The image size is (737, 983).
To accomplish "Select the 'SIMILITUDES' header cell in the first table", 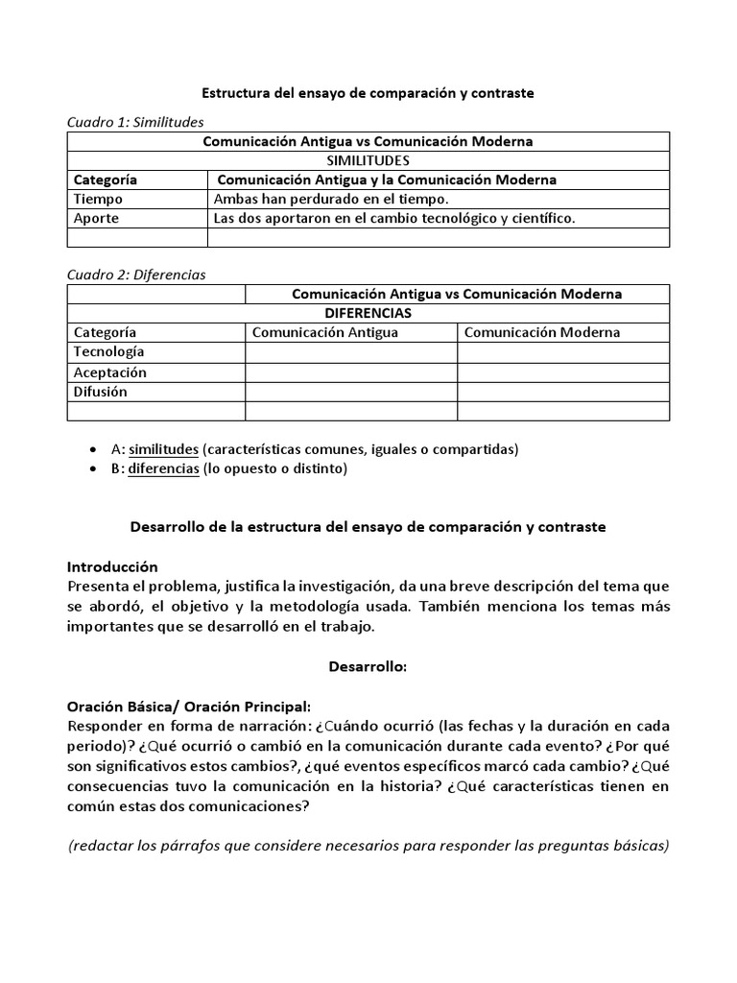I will tap(368, 160).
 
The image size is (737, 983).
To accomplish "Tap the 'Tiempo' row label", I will tap(99, 199).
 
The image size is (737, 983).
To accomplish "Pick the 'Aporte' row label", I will tap(97, 218).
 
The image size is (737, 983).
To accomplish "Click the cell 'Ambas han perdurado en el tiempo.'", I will tap(331, 199).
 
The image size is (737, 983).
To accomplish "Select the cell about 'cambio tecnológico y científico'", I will tap(393, 218).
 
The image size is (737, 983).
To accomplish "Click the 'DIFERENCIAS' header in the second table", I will tap(368, 313).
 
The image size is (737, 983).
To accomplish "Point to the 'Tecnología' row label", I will tap(109, 352).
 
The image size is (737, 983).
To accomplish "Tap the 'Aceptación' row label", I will tap(110, 372).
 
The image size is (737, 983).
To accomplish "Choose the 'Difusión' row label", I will tap(101, 392).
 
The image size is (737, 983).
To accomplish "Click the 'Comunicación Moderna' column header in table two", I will tap(542, 332).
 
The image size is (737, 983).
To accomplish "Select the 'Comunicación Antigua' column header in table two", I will tap(324, 332).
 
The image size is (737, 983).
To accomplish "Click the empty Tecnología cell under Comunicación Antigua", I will tap(350, 352).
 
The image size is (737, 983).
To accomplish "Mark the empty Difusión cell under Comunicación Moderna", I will tap(563, 392).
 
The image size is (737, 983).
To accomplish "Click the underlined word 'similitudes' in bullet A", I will tap(163, 449).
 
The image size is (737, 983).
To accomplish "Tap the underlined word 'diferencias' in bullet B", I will tap(163, 468).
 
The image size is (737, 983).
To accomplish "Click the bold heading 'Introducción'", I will tap(112, 567).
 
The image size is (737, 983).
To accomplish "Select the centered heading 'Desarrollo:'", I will tap(368, 666).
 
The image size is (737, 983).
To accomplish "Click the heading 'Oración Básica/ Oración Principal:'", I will tap(189, 706).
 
